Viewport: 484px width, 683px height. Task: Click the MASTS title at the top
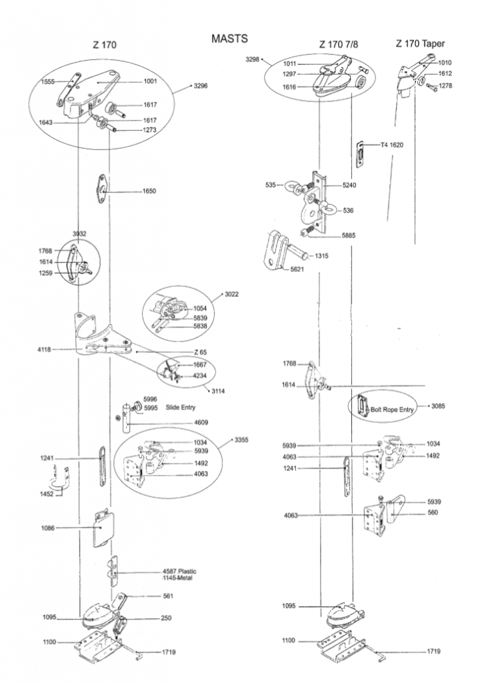coord(229,39)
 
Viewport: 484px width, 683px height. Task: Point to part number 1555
coord(48,81)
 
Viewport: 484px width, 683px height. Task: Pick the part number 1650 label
coord(149,191)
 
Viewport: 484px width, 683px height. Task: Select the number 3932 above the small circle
coord(80,233)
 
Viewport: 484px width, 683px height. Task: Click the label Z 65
coord(200,352)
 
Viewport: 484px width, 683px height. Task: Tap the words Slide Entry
coord(179,407)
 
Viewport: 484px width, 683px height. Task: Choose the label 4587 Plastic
coord(179,572)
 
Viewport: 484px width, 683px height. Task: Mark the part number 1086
coord(48,528)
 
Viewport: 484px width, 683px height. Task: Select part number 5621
coord(298,269)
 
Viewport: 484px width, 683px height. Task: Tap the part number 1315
coord(322,255)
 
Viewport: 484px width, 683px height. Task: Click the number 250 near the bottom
coord(165,618)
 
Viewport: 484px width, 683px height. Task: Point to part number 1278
coord(446,86)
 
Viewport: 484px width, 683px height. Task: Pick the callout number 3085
coord(438,406)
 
